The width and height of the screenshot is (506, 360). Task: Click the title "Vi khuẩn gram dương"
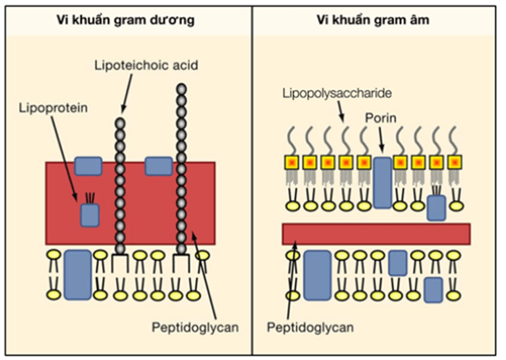(x=126, y=20)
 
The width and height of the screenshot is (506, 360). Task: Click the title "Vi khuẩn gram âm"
(x=373, y=20)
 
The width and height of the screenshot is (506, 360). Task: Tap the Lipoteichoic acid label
(x=146, y=65)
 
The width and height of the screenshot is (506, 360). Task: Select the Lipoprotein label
(x=53, y=108)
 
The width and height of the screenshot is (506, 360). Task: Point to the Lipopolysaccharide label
(x=337, y=94)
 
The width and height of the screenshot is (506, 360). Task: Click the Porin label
(x=380, y=118)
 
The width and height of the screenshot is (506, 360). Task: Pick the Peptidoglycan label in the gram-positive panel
(x=195, y=327)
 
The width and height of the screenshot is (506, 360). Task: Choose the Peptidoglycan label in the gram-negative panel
(x=310, y=327)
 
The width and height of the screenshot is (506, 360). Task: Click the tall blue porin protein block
(x=383, y=182)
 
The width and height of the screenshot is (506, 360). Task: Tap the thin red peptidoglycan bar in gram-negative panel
(x=377, y=234)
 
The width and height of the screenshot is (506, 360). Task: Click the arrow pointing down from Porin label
(x=381, y=139)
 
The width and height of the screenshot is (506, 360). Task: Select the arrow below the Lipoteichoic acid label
(x=127, y=94)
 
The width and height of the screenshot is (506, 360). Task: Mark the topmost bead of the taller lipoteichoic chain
(x=181, y=89)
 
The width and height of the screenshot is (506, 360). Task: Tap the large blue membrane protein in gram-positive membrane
(x=78, y=274)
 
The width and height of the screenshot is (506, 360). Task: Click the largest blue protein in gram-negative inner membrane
(x=318, y=275)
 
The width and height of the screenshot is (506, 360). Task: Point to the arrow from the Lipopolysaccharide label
(x=340, y=112)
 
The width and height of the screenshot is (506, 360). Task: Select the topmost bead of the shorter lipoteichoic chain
(x=120, y=123)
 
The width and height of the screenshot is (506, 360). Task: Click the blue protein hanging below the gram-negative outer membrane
(x=436, y=208)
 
